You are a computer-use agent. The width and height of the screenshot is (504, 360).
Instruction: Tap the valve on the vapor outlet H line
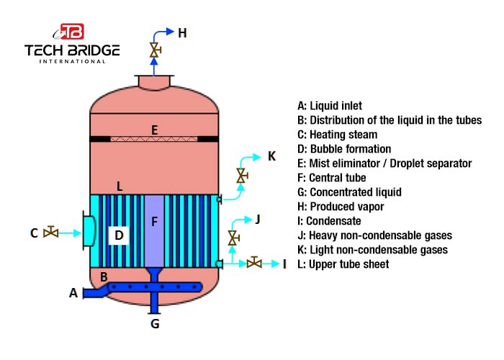click(153, 50)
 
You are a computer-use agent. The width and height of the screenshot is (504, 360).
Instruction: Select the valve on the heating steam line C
click(50, 233)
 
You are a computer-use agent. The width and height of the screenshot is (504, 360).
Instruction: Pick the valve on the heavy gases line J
click(233, 237)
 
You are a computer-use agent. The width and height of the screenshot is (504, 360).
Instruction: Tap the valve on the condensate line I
click(253, 264)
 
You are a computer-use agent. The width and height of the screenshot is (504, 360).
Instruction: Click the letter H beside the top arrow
click(182, 32)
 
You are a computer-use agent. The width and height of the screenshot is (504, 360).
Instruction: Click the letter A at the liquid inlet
click(73, 292)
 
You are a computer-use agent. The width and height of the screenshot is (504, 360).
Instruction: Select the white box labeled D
click(120, 235)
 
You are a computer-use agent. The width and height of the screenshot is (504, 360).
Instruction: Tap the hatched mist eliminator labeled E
click(154, 138)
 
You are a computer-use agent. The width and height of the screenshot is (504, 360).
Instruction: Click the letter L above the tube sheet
click(120, 186)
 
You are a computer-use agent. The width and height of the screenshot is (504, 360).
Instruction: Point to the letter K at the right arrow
click(271, 156)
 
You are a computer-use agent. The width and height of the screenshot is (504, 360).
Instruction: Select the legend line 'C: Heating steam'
click(337, 135)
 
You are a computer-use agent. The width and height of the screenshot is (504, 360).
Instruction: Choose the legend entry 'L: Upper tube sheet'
click(343, 264)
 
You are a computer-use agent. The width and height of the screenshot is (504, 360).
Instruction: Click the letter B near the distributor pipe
click(104, 276)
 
